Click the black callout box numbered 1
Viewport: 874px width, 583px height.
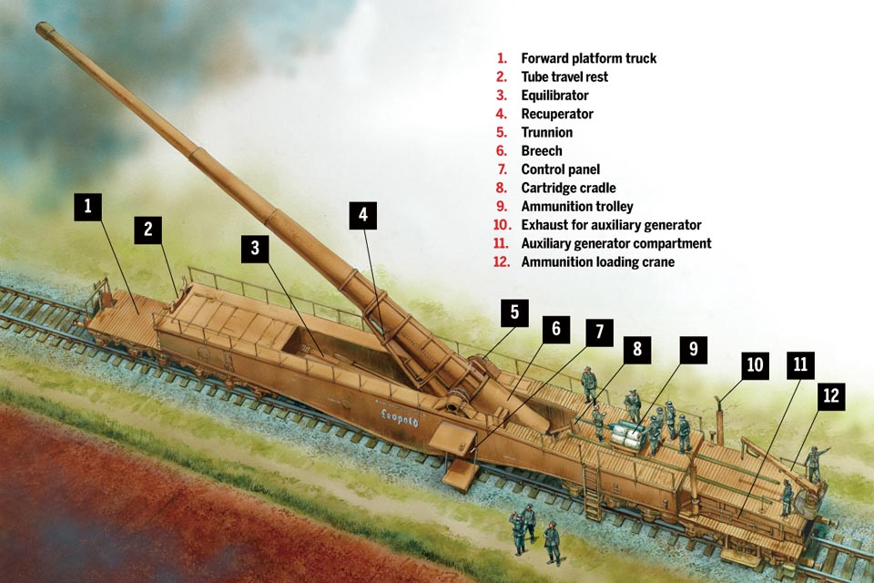[x=88, y=207]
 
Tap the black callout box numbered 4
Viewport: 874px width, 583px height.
[x=363, y=215]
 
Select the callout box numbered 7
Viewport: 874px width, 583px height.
[x=599, y=332]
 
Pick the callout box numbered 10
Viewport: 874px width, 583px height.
[x=755, y=365]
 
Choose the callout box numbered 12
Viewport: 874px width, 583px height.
[x=830, y=396]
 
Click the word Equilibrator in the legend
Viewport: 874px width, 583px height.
[x=554, y=96]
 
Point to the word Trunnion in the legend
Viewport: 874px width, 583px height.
[x=547, y=132]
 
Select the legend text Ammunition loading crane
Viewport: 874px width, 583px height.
[x=597, y=261]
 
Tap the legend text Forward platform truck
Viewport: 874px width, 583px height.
[x=589, y=58]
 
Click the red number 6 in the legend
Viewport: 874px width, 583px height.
[x=502, y=150]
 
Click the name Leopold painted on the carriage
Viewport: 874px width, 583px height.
[x=399, y=416]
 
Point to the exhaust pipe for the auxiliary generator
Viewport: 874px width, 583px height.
[x=719, y=418]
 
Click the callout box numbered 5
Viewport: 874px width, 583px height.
[x=513, y=313]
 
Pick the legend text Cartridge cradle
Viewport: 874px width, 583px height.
[x=568, y=188]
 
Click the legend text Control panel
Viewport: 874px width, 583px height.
[x=560, y=169]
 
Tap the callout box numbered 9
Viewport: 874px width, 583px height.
[x=693, y=350]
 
